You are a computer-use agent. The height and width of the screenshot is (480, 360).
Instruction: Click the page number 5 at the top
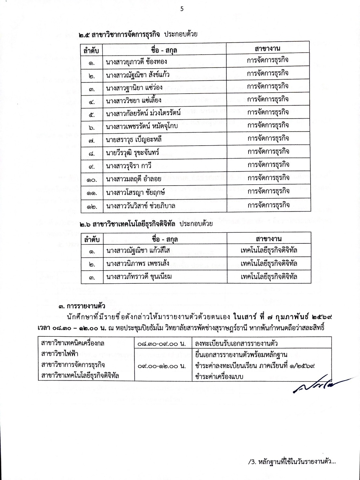coord(182,9)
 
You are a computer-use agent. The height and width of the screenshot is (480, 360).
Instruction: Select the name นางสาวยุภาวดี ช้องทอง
coord(136,61)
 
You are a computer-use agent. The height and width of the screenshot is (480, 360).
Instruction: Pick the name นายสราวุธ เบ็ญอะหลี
coord(134,139)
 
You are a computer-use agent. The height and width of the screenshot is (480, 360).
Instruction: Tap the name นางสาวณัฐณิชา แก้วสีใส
coord(138,251)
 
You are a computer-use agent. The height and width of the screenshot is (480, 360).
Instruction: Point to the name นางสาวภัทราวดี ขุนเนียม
coord(139,277)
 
